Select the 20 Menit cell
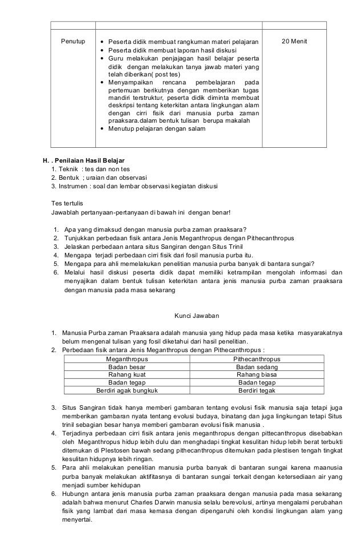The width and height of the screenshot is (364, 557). click(294, 42)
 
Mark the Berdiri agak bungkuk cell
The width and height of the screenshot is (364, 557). click(127, 391)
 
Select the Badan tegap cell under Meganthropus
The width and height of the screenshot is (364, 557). click(127, 383)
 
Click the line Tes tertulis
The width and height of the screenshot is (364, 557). click(67, 203)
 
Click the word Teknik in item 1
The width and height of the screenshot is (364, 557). click(67, 169)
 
